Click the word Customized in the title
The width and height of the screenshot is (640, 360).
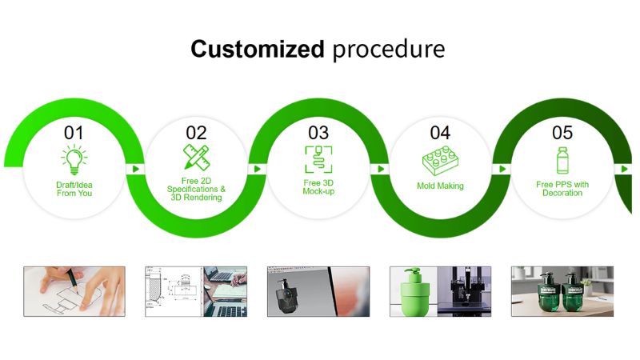258,49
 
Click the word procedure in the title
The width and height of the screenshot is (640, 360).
389,50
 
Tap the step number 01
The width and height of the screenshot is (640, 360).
74,133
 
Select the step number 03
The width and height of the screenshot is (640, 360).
318,133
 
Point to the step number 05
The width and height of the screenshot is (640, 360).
562,133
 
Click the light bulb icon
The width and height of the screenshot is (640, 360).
74,159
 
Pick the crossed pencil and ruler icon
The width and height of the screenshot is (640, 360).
196,157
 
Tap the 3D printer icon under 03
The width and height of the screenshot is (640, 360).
318,159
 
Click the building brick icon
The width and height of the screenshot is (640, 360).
440,162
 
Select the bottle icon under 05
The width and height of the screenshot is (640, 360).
562,161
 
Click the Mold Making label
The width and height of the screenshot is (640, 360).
440,186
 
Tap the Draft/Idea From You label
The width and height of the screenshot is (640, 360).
74,189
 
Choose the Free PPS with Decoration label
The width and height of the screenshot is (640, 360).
562,189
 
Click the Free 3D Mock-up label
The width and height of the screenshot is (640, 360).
318,187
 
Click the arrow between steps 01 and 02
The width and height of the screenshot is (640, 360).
136,169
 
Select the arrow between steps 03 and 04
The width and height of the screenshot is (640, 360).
381,169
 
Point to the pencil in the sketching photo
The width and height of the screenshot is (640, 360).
73,280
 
